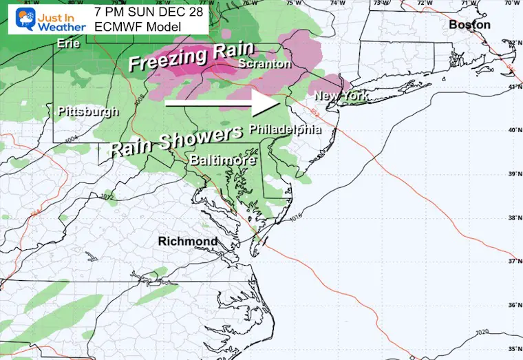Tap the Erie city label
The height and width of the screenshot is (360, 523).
pyautogui.click(x=69, y=43)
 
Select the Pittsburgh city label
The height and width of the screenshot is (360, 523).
pyautogui.click(x=88, y=111)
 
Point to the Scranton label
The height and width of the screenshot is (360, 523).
pyautogui.click(x=265, y=63)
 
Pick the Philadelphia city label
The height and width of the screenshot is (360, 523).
pyautogui.click(x=285, y=129)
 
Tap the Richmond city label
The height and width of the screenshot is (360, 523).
pyautogui.click(x=187, y=241)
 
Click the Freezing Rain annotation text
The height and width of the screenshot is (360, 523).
pyautogui.click(x=191, y=56)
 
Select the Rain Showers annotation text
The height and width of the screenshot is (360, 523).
pyautogui.click(x=175, y=138)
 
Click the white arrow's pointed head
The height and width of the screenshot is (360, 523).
pyautogui.click(x=274, y=105)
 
